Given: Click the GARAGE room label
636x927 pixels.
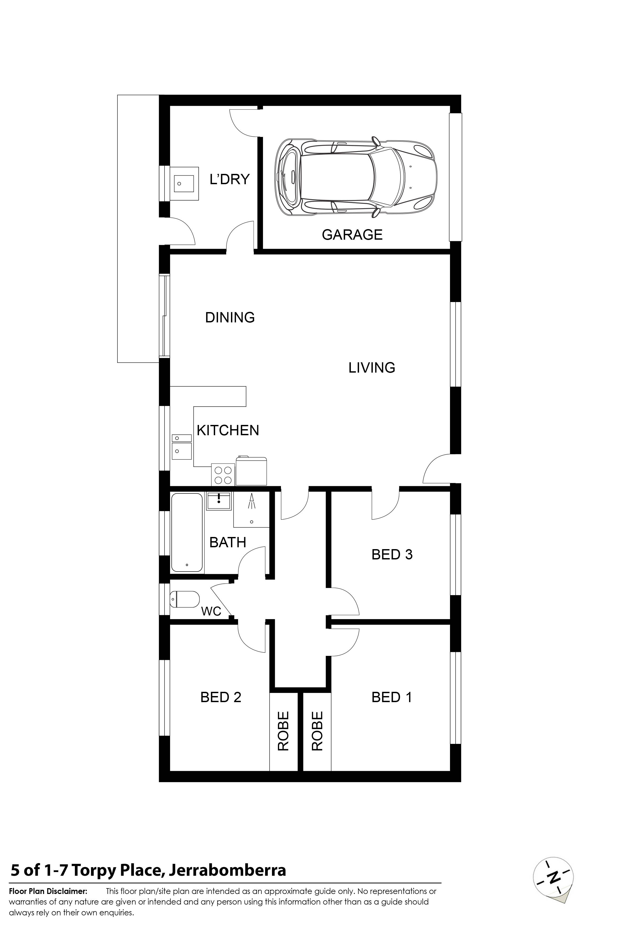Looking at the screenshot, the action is (352, 235).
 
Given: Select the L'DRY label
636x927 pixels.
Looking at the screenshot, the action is (230, 179).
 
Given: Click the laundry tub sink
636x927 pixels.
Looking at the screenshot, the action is (186, 183).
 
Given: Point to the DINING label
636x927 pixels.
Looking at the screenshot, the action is (230, 318).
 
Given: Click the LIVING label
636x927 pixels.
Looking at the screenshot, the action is (372, 367).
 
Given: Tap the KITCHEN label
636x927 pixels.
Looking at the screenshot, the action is (228, 430).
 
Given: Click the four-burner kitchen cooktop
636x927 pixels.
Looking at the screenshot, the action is (223, 475).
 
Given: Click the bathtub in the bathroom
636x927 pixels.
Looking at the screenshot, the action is (187, 532).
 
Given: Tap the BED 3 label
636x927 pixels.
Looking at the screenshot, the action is (392, 554).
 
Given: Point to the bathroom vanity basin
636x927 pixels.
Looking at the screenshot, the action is (219, 501).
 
